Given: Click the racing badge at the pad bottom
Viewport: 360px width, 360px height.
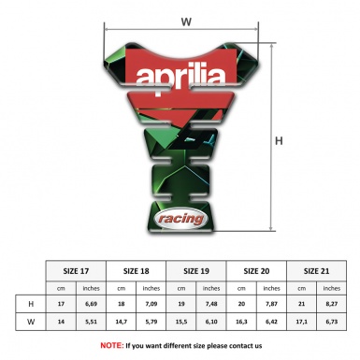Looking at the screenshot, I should point(178,218).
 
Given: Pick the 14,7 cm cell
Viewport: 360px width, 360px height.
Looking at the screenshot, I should point(122,321).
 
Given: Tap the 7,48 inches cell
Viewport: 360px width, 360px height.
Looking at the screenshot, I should point(212,304).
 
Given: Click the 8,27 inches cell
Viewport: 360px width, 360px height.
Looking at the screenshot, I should point(332,304).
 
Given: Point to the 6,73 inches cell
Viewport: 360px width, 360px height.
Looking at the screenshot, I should point(332,321).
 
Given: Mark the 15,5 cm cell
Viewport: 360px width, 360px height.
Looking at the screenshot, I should point(181,321).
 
